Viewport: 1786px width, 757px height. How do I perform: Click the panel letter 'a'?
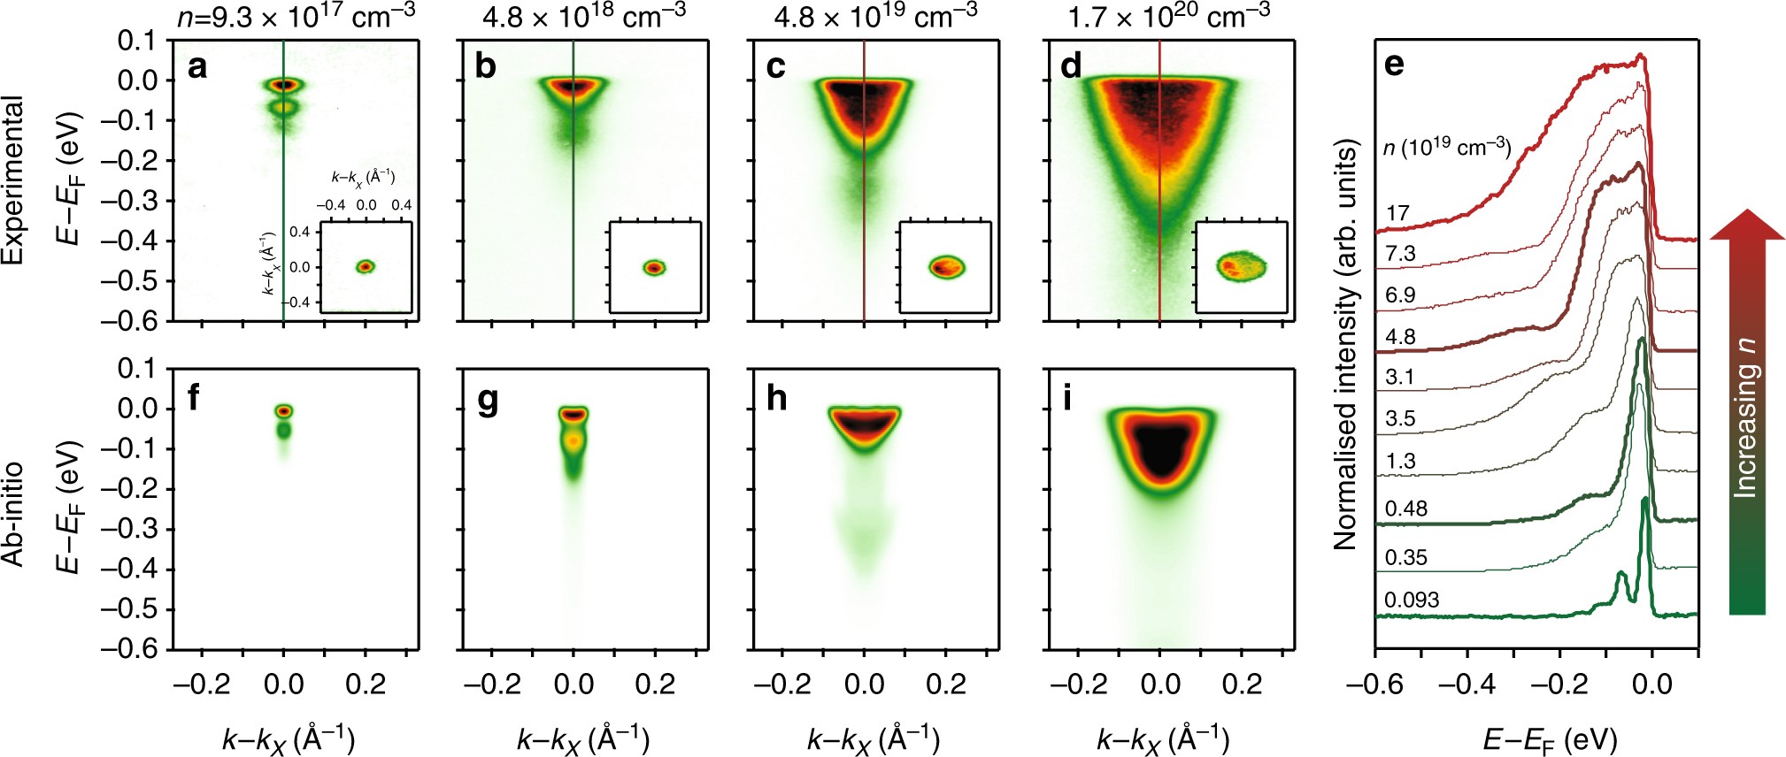[x=197, y=67]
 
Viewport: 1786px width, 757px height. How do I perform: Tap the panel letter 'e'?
[x=1394, y=65]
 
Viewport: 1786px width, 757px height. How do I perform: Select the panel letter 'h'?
[x=776, y=399]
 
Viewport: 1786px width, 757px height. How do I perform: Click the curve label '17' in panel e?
[x=1397, y=213]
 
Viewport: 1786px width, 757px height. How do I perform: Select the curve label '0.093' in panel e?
[x=1412, y=600]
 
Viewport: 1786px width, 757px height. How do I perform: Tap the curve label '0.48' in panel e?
[x=1406, y=508]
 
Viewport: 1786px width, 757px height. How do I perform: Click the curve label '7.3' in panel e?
[x=1400, y=254]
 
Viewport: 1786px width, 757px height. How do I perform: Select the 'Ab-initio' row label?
[x=12, y=514]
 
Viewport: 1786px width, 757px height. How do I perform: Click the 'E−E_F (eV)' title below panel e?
[x=1549, y=738]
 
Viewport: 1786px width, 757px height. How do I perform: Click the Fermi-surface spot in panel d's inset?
[x=1240, y=266]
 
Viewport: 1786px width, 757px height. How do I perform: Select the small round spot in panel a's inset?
[x=366, y=266]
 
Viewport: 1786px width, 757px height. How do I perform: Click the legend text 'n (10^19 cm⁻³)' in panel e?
[x=1446, y=148]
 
